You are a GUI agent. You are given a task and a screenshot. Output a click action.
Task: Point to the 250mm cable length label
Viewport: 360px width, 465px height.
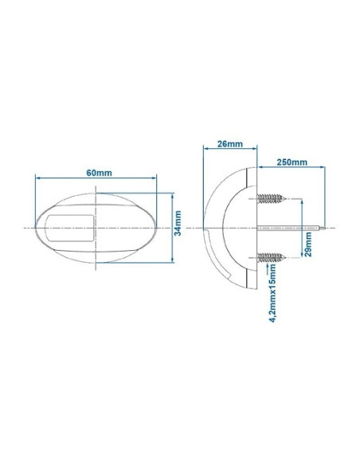[292, 162]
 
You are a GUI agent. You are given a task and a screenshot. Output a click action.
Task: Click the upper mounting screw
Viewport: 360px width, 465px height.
[273, 197]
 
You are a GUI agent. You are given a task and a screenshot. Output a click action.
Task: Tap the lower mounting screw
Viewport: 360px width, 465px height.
[273, 256]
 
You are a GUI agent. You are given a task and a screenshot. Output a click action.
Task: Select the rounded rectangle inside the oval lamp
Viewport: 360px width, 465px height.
[69, 227]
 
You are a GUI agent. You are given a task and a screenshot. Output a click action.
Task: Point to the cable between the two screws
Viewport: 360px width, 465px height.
[287, 228]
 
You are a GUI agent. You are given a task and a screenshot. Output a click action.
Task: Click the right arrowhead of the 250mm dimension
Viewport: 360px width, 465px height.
[323, 169]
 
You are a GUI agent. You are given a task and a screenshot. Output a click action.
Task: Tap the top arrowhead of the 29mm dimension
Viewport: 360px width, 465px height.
[302, 200]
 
